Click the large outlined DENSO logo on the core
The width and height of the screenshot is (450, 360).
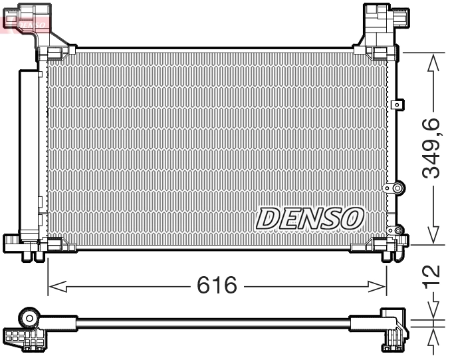(309, 218)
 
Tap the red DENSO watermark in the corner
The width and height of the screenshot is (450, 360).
(25, 22)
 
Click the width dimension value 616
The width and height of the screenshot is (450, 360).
(217, 285)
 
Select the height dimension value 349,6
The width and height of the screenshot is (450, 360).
(433, 148)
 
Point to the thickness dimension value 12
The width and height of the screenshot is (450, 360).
(433, 274)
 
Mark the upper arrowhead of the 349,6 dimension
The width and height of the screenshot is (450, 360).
(433, 62)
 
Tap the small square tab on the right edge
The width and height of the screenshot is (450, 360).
(398, 104)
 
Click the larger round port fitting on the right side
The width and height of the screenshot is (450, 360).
(397, 188)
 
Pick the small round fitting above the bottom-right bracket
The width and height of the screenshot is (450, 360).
(399, 232)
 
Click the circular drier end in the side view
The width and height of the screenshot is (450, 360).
(29, 317)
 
